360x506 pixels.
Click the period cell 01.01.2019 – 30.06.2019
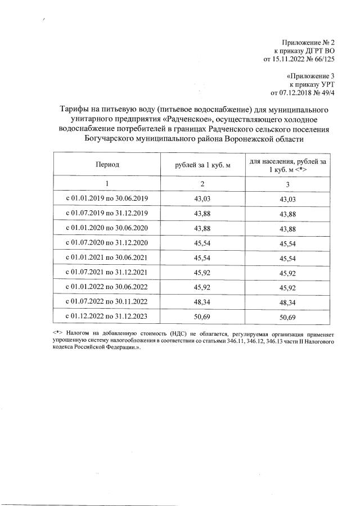[107, 199]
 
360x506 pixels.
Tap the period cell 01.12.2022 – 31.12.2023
[107, 317]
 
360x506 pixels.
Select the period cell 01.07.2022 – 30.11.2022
[107, 302]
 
